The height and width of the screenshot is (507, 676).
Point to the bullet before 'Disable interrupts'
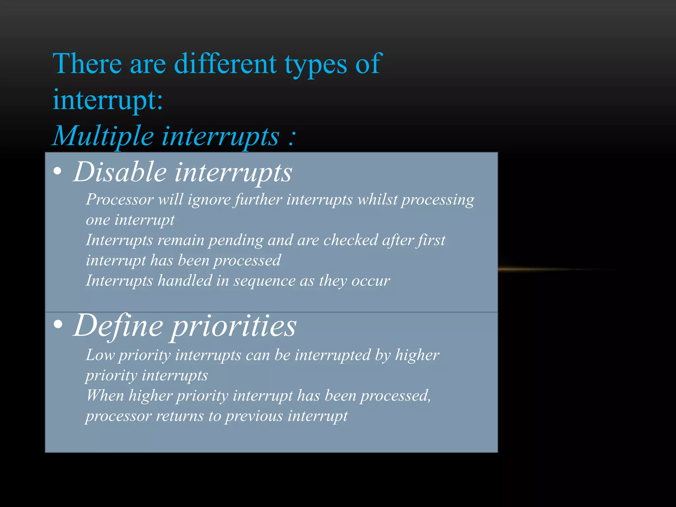click(57, 171)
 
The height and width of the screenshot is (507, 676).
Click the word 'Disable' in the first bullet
click(120, 172)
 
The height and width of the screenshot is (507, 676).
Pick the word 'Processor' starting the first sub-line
click(120, 200)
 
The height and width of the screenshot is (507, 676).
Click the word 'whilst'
click(378, 200)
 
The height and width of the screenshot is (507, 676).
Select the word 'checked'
click(351, 240)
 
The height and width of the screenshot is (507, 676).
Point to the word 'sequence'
click(264, 281)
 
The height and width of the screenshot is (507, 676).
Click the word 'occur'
click(371, 281)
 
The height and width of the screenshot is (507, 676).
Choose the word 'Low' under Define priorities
click(100, 355)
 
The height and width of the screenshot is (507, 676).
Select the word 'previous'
click(254, 416)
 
